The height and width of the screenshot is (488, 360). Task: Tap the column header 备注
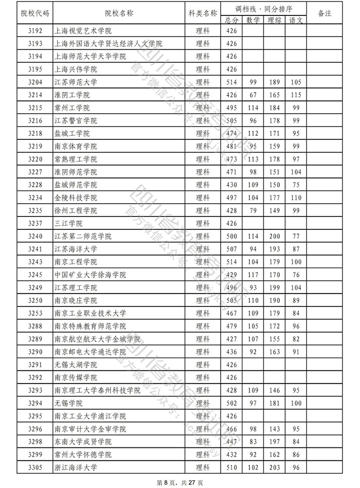pos(325,13)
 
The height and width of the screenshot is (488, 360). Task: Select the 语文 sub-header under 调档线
pos(296,20)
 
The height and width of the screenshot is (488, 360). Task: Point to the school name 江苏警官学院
pos(76,121)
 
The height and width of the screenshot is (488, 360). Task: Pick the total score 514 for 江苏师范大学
pos(231,82)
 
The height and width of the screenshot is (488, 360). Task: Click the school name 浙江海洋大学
pos(76,467)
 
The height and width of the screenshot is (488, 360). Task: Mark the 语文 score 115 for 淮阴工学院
pos(296,95)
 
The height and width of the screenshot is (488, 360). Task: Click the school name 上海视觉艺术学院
pos(83,31)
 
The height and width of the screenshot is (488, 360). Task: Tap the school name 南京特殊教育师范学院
pos(90,326)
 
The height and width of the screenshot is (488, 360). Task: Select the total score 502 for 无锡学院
pos(231,403)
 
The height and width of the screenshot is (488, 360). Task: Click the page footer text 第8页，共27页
pos(179,482)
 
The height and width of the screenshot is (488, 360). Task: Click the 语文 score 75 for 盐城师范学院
pos(296,185)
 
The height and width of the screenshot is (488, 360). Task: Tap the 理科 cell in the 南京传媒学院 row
pos(203,377)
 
